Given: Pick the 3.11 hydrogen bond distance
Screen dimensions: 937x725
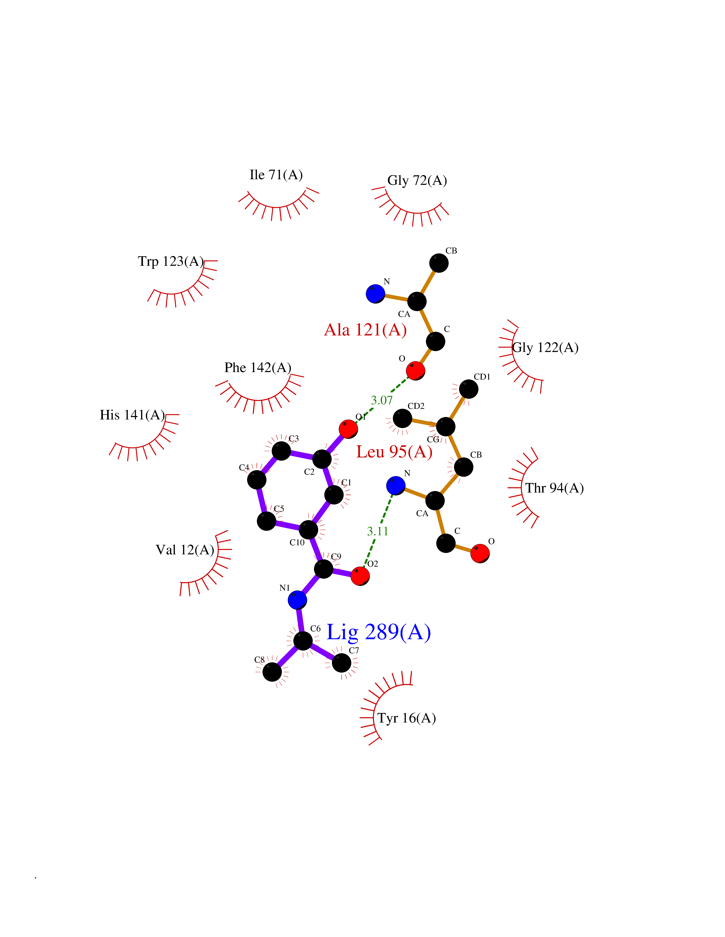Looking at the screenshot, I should [x=378, y=531].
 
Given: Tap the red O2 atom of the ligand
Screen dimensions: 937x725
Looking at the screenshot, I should [x=360, y=576].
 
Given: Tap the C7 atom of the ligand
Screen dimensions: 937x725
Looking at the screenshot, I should [x=342, y=663].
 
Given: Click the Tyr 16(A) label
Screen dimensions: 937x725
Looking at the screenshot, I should [x=406, y=718].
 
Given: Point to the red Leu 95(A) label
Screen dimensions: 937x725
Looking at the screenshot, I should [x=394, y=452].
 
